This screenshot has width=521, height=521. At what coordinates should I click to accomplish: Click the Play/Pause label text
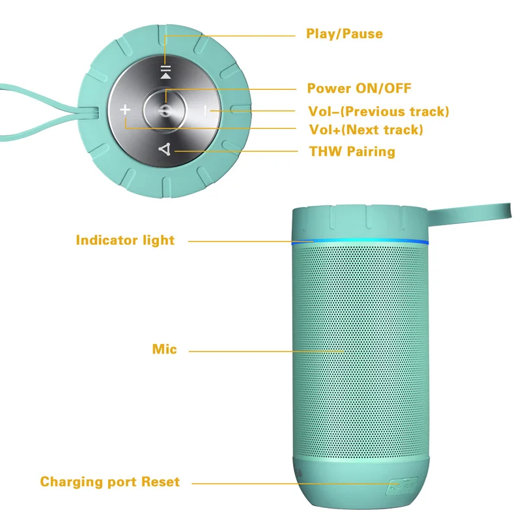point(345,34)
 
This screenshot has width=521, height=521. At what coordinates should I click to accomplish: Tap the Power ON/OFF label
point(359,89)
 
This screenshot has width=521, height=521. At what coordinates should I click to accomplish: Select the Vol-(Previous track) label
point(378,111)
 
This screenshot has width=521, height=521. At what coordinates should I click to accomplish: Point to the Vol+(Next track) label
point(365,130)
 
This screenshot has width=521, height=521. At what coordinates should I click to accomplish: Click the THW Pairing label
point(352,152)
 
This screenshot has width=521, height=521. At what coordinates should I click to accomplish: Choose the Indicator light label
point(125,240)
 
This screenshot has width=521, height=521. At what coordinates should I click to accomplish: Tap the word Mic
point(164,350)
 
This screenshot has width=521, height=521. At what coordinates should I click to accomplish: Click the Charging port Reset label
point(109,483)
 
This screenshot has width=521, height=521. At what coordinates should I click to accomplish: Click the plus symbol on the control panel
point(126,110)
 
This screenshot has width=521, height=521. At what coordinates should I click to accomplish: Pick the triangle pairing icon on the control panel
point(165,150)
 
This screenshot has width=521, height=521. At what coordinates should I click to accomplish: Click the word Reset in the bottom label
point(158,483)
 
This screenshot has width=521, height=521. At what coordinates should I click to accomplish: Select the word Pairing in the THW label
point(371,152)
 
